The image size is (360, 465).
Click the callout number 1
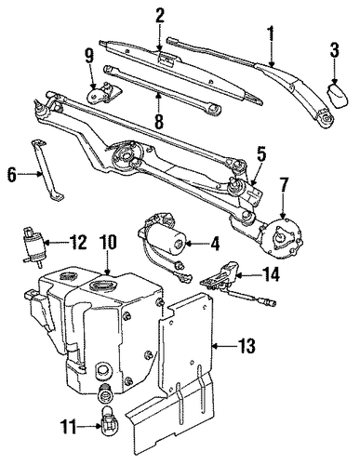(x=272, y=33)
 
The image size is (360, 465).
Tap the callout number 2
(x=160, y=14)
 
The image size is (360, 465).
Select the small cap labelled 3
(x=338, y=97)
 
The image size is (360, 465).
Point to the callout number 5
(x=261, y=154)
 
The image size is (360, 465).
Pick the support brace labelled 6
(x=47, y=169)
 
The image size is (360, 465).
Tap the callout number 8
(x=158, y=121)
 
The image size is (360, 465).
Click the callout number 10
(x=108, y=242)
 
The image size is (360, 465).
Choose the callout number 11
(x=67, y=429)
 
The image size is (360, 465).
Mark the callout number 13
(x=247, y=346)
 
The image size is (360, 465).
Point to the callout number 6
(x=12, y=175)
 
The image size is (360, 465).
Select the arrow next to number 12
(x=56, y=243)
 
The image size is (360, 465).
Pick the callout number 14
(x=271, y=274)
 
